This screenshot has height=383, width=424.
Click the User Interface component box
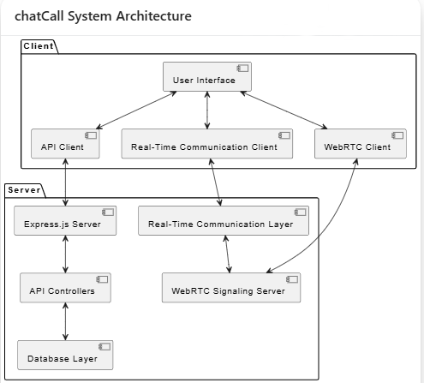pyautogui.click(x=207, y=76)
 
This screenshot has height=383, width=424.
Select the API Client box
pyautogui.click(x=65, y=144)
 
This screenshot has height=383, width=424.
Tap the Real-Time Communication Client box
pyautogui.click(x=207, y=144)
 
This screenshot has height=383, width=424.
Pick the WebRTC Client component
pyautogui.click(x=361, y=144)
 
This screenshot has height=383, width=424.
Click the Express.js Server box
pyautogui.click(x=65, y=220)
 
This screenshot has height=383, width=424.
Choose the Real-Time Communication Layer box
pyautogui.click(x=224, y=220)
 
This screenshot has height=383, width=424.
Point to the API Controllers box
pyautogui.click(x=65, y=288)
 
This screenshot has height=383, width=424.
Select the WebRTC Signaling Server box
pyautogui.click(x=231, y=288)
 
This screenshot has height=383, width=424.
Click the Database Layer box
pyautogui.click(x=65, y=355)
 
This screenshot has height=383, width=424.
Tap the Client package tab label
pyautogui.click(x=39, y=46)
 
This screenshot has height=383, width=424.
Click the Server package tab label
pyautogui.click(x=24, y=190)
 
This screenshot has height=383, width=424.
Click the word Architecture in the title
pyautogui.click(x=154, y=16)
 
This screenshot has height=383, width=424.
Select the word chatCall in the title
pyautogui.click(x=39, y=16)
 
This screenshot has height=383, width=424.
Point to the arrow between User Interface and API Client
pyautogui.click(x=136, y=111)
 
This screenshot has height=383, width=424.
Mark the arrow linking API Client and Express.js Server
pyautogui.click(x=65, y=183)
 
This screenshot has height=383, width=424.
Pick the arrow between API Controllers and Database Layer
pyautogui.click(x=65, y=321)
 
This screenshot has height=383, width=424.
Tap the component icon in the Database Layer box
pyautogui.click(x=105, y=347)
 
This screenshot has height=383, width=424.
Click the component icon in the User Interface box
pyautogui.click(x=242, y=69)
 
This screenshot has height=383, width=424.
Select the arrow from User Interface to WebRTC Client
pyautogui.click(x=284, y=111)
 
